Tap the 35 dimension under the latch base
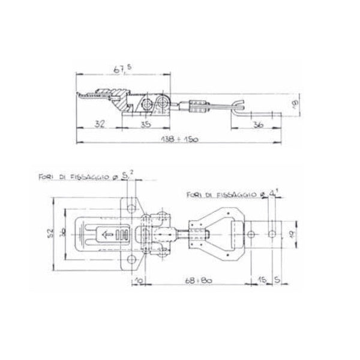click(x=146, y=125)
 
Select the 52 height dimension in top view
click(x=52, y=231)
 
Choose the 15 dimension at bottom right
click(x=263, y=279)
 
